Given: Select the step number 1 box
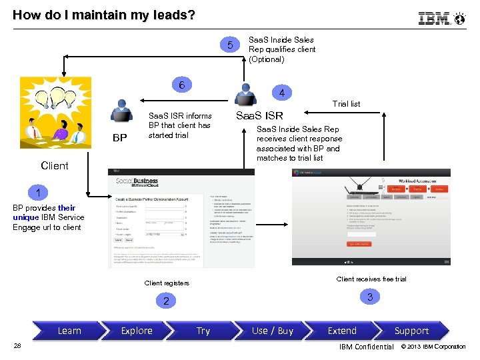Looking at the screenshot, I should (x=39, y=193).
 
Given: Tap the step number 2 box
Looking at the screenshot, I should (x=167, y=301).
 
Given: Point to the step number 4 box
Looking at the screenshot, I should (x=282, y=93).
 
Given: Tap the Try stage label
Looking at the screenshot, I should (x=203, y=331).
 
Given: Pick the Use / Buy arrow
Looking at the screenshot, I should (x=272, y=331).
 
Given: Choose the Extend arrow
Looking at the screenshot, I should (x=342, y=331).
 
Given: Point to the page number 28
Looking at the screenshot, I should (x=18, y=345).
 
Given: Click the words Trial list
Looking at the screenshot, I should (x=346, y=104).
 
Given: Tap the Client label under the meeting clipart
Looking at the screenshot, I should (x=55, y=165).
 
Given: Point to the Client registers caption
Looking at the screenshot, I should (x=167, y=283).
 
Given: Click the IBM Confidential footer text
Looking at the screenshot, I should (x=366, y=347).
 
